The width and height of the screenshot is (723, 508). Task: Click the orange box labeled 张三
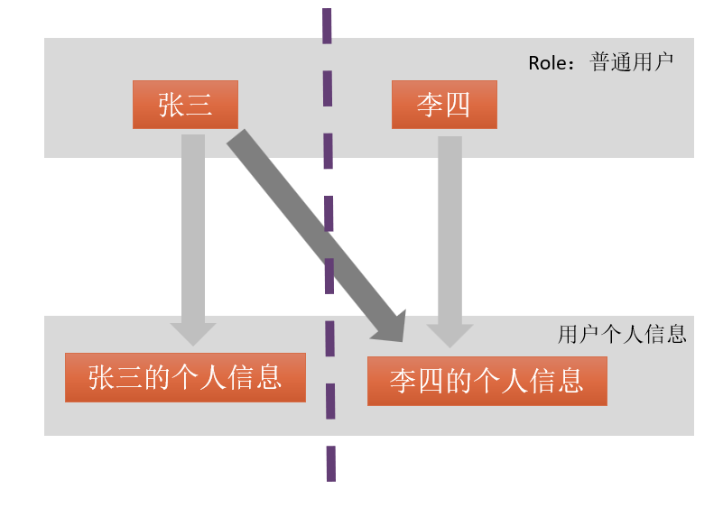tap(185, 105)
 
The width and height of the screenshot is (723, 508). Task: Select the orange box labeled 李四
tap(443, 105)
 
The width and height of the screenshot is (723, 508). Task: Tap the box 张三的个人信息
tap(185, 377)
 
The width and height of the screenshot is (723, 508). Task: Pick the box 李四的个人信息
tap(487, 381)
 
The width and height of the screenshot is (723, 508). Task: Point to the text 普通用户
tap(631, 63)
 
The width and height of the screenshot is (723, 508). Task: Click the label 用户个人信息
tap(622, 335)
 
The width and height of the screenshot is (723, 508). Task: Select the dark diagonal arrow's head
tap(392, 327)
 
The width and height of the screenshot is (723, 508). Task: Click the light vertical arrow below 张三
tap(193, 226)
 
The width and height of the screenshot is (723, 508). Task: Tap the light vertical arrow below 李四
tap(450, 226)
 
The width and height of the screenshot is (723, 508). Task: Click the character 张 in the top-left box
tap(171, 105)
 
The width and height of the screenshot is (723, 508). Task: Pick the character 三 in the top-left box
tap(199, 105)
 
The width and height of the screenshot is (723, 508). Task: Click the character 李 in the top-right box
tap(430, 105)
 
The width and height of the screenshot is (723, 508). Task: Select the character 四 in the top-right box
tap(457, 105)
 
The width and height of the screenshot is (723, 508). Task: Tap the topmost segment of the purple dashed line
tap(326, 25)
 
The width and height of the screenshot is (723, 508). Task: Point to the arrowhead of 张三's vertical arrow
tap(193, 333)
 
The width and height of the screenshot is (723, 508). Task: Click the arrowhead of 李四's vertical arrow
tap(450, 335)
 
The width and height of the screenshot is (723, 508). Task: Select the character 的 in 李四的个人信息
tap(460, 381)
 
